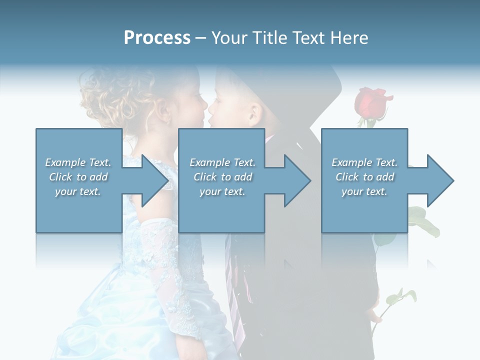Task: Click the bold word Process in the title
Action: point(157,37)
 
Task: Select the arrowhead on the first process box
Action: point(150,180)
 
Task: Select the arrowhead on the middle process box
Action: point(292,180)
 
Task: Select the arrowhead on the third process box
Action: point(435,180)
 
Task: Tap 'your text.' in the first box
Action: point(77,191)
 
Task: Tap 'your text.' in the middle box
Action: point(222,191)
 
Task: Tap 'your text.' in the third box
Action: point(364,191)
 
